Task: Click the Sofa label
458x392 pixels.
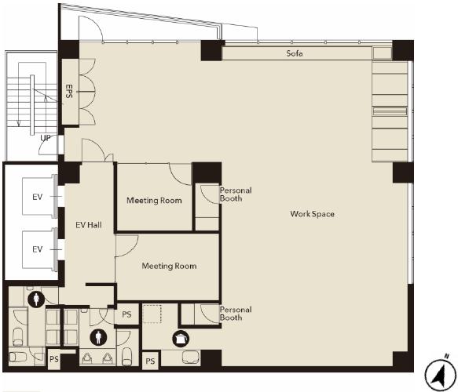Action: pos(294,53)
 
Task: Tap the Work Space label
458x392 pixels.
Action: pos(312,214)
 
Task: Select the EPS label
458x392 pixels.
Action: pos(69,91)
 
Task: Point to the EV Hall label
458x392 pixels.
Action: pos(89,225)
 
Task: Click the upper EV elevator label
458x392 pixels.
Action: pos(38,197)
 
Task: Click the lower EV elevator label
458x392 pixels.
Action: pos(38,249)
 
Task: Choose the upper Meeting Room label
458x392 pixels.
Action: pos(154,201)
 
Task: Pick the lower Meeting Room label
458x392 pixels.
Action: pos(169,266)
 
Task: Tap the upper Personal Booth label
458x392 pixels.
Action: pos(236,194)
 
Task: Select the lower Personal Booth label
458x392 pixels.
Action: pos(236,314)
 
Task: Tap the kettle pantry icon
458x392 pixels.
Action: pos(181,339)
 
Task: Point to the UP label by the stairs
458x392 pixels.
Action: pos(46,138)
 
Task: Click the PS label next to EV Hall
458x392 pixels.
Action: pos(126,314)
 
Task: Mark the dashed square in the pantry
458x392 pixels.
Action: pos(152,314)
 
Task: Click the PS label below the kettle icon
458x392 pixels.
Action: pos(150,361)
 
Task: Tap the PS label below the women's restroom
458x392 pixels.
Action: pos(54,359)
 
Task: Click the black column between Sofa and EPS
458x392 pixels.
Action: pos(211,50)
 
